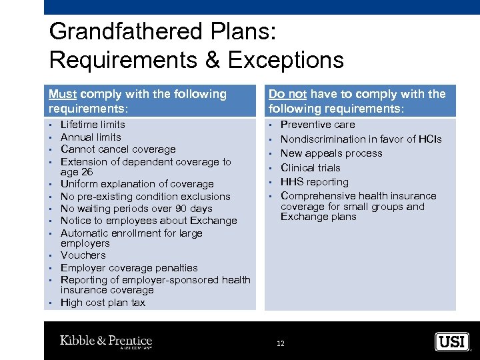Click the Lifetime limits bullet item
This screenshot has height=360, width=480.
click(93, 125)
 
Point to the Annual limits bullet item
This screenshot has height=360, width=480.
click(91, 137)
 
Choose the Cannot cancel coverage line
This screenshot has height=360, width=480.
click(118, 149)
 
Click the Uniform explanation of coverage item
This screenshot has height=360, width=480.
click(137, 184)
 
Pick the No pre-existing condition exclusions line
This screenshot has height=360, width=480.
click(145, 197)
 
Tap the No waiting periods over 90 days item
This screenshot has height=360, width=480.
click(136, 209)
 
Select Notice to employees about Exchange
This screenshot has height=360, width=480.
click(149, 221)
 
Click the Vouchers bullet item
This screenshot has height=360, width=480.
click(83, 255)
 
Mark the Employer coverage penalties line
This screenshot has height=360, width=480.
click(129, 267)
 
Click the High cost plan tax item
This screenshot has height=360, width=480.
click(103, 303)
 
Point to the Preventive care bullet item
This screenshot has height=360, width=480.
click(317, 125)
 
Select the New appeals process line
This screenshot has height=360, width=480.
click(331, 153)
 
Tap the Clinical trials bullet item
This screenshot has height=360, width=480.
click(310, 168)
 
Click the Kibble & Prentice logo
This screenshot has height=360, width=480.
click(106, 341)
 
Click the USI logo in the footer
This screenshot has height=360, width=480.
click(452, 342)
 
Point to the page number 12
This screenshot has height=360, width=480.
click(281, 343)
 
